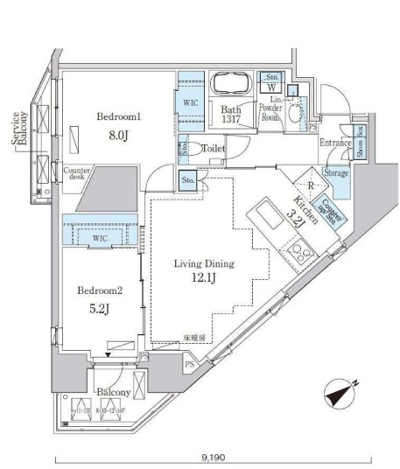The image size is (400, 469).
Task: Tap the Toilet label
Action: tap(214, 149)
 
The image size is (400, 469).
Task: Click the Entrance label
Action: tap(336, 143)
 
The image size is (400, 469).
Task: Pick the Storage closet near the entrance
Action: tap(336, 173)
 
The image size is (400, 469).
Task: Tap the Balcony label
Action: tap(113, 394)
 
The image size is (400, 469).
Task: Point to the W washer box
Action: tap(271, 87)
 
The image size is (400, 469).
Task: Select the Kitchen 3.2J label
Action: tap(300, 212)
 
